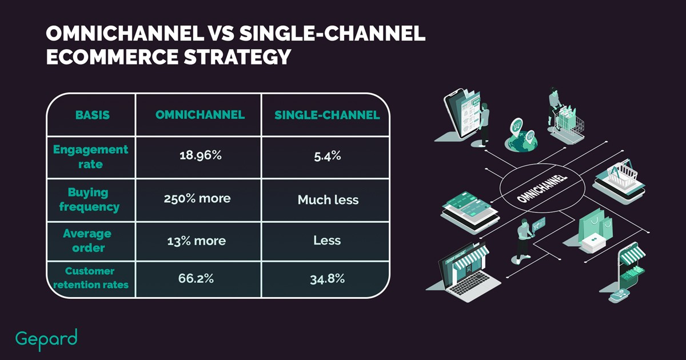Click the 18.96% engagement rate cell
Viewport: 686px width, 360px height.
(x=200, y=155)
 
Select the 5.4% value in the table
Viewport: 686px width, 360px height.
(x=327, y=156)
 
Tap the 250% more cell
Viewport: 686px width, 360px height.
(x=197, y=199)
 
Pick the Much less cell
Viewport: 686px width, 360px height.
(x=328, y=200)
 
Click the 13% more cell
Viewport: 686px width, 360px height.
(x=197, y=241)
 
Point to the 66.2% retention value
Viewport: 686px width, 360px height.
(x=196, y=279)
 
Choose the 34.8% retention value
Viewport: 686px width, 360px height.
(x=327, y=279)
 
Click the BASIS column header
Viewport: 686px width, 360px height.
(x=92, y=115)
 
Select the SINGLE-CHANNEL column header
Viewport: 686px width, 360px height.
(x=327, y=115)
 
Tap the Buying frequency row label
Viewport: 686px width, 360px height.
(x=89, y=199)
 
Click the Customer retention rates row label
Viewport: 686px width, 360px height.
(x=91, y=278)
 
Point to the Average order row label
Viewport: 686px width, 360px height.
(x=87, y=241)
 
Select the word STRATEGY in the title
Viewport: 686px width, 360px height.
(x=237, y=57)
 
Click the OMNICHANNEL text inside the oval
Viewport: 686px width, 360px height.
(x=542, y=188)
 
